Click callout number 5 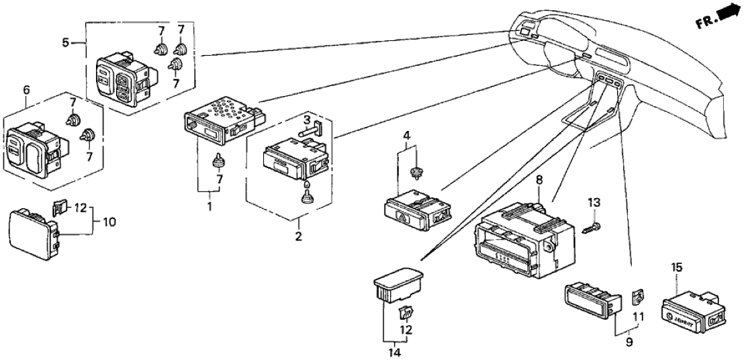pos(65,43)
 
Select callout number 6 pos(26,89)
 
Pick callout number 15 pos(677,268)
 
